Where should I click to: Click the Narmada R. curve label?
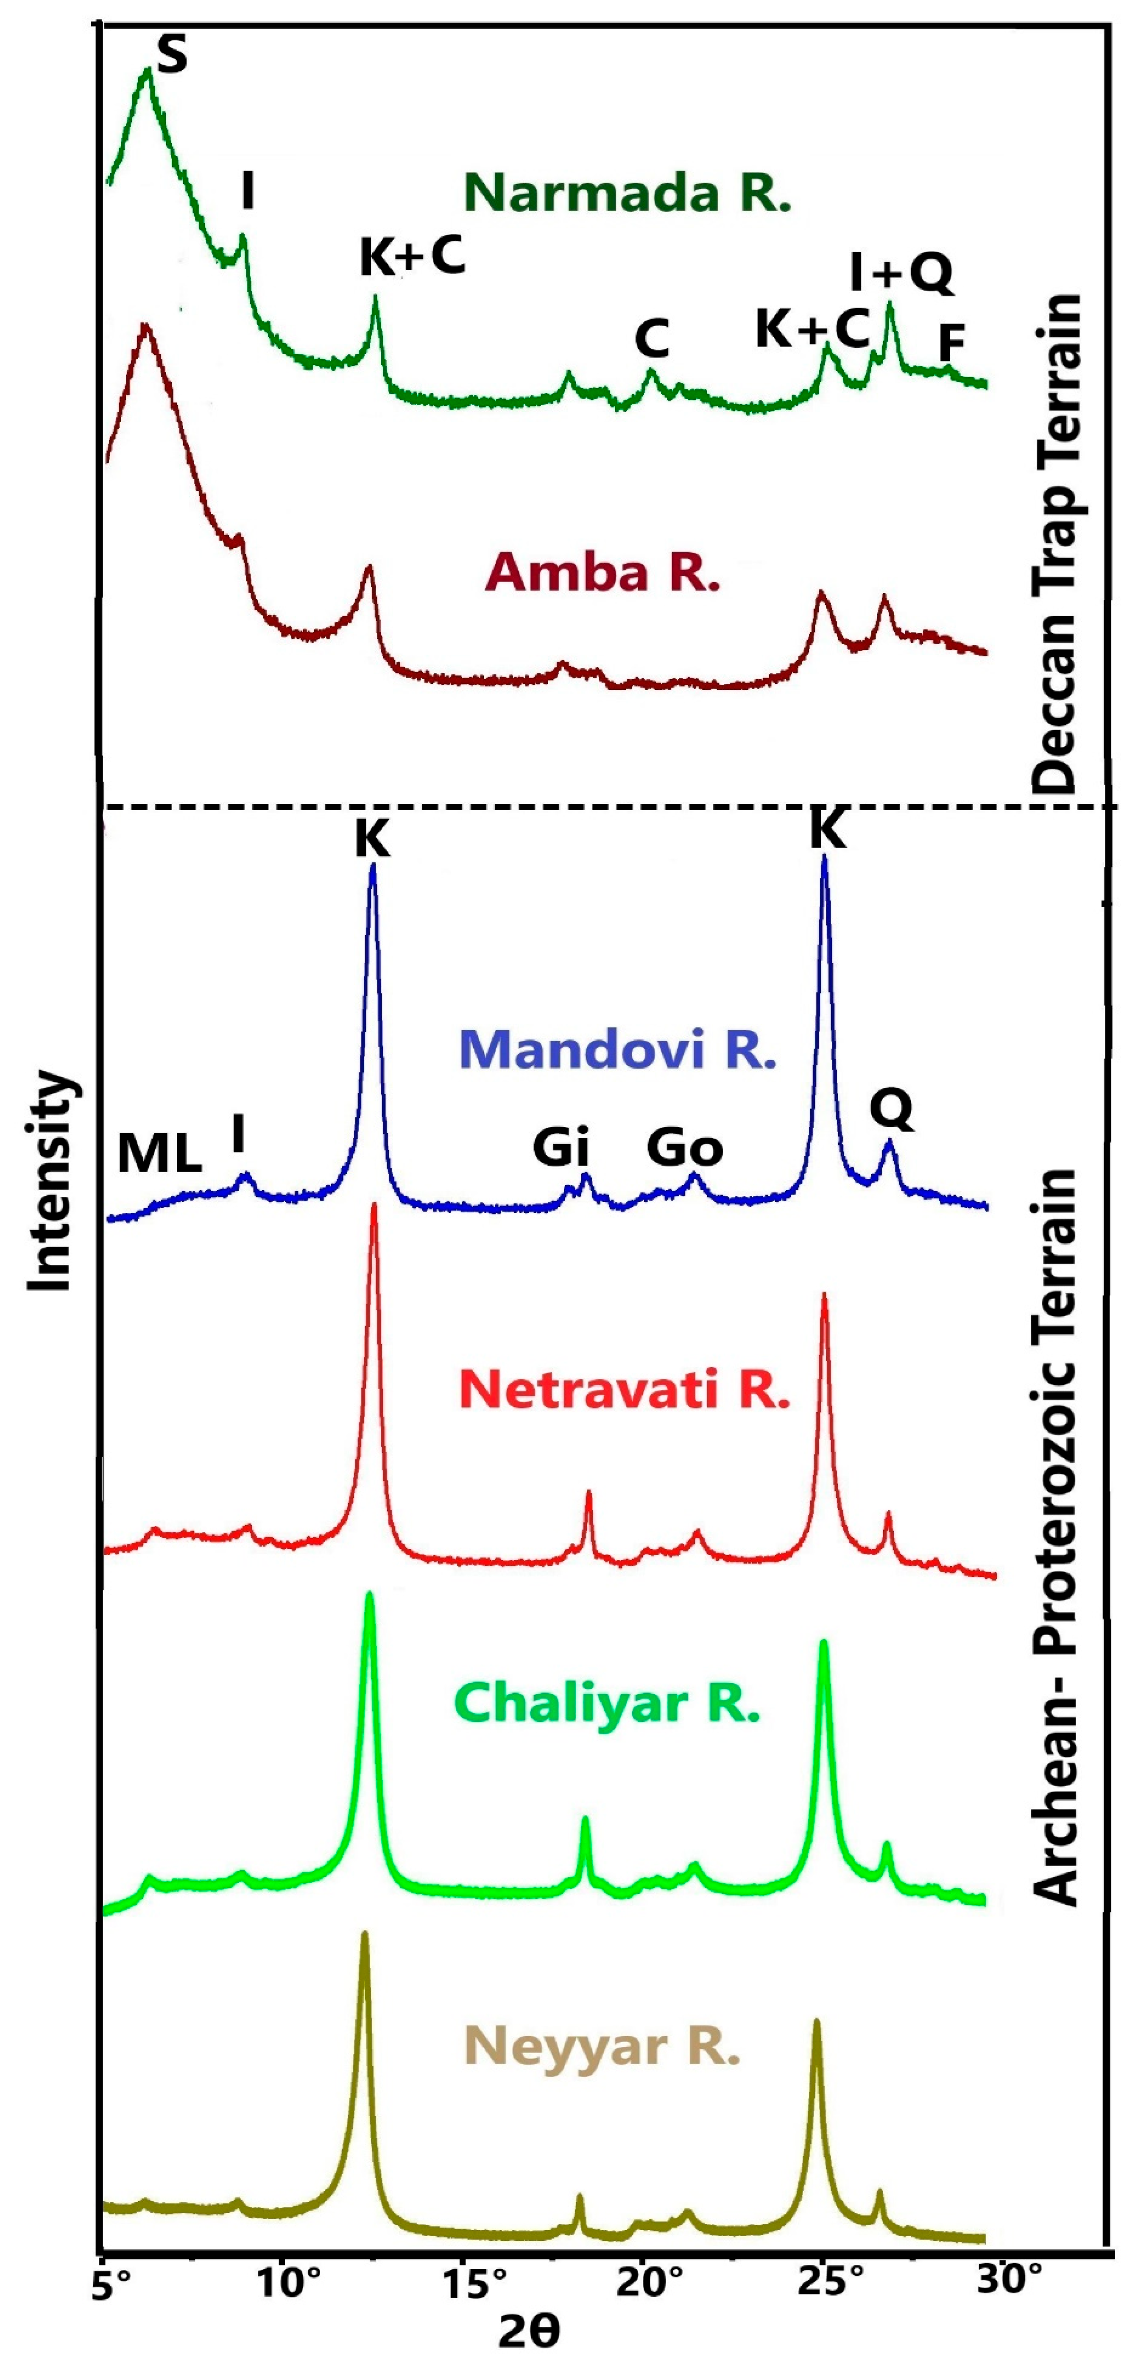[627, 194]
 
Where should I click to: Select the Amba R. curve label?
[603, 572]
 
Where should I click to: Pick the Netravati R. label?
[623, 1389]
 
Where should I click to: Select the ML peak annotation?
[159, 1154]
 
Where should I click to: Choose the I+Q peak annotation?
[902, 273]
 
